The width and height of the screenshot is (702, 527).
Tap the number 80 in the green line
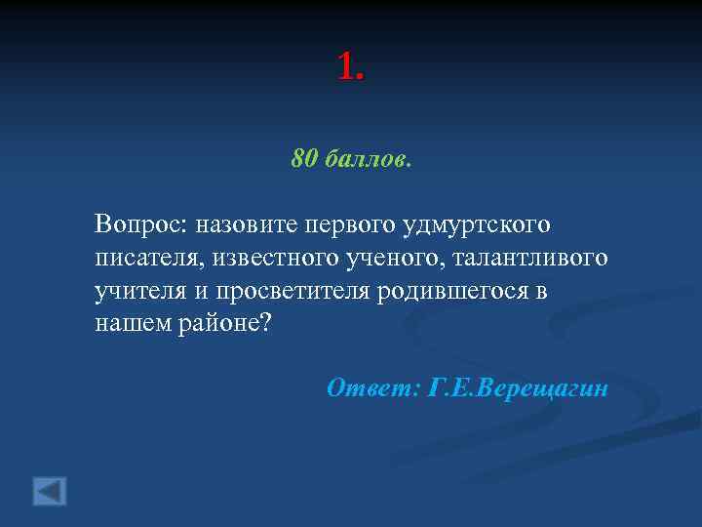pos(303,158)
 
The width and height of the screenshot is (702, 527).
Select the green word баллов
pos(366,158)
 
